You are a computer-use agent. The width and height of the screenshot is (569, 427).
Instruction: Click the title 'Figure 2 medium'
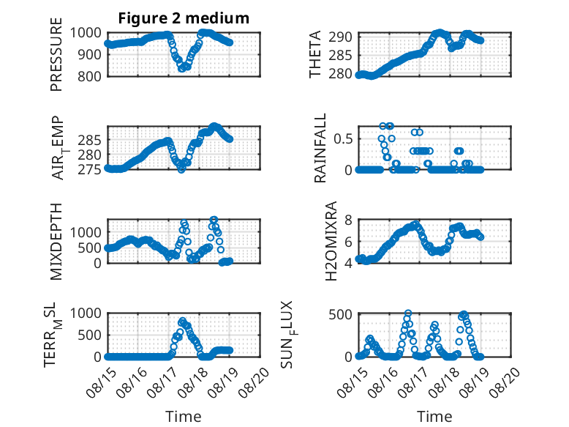point(184,18)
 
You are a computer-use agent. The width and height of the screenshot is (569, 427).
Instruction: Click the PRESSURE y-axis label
point(56,54)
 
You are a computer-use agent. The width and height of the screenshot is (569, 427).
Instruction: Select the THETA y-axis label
point(315,54)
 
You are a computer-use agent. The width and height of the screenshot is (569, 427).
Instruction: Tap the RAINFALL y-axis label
point(320,148)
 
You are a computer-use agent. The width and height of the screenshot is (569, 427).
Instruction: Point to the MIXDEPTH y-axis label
point(56,241)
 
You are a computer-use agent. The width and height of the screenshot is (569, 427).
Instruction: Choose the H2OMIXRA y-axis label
point(331,241)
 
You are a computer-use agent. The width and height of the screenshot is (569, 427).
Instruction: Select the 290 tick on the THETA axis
point(340,37)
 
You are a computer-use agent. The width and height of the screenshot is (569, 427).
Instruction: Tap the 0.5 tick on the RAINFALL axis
point(343,139)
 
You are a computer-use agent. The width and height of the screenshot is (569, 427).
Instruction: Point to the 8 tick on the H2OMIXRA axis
point(348,220)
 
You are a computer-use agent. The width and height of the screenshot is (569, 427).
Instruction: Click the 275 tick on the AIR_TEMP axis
point(90,170)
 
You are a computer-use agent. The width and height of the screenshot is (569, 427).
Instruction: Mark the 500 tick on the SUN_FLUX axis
point(340,314)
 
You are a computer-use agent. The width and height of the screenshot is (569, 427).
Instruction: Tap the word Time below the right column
point(434,417)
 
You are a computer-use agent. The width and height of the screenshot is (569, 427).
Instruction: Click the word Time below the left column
point(184,417)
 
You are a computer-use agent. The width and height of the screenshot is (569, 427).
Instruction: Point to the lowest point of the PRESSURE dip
point(182,68)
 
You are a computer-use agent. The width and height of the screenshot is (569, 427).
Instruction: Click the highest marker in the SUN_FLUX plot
point(408,313)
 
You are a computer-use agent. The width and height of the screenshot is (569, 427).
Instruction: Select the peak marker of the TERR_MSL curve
point(183,321)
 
